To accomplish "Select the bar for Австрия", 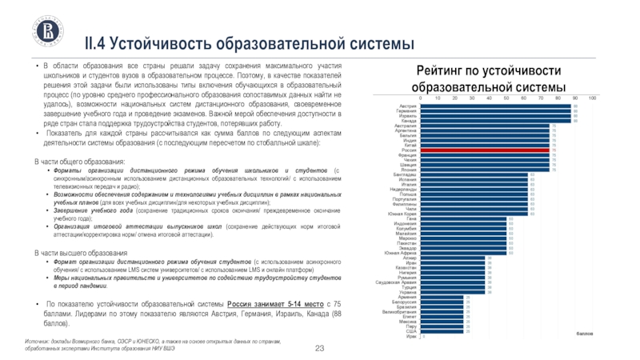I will [x=496, y=106].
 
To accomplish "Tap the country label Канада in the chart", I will [x=409, y=121].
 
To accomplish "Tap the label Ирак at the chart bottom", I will [x=410, y=336].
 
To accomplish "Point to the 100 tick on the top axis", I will [x=592, y=98].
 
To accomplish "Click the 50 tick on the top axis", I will [x=506, y=98].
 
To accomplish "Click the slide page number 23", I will [x=320, y=346].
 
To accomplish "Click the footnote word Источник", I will [x=37, y=340].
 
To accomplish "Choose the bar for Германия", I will [x=496, y=111].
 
